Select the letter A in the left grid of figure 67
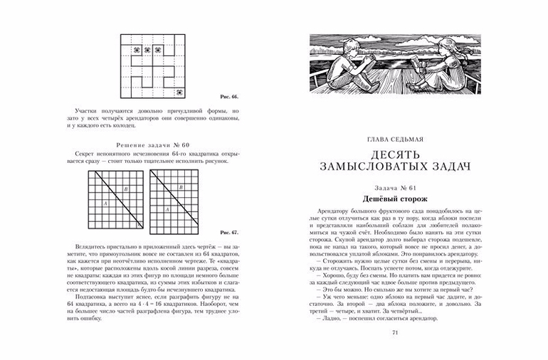pos(105,203)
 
